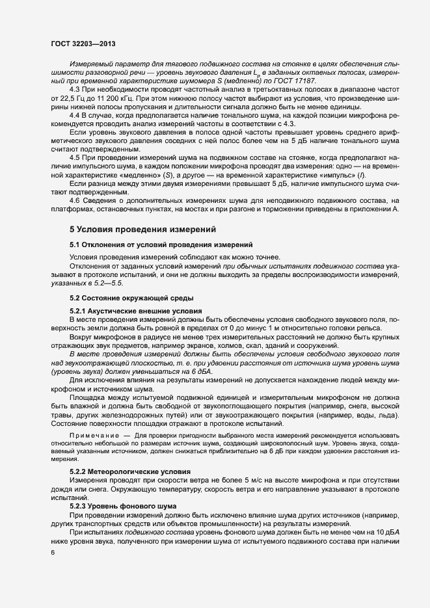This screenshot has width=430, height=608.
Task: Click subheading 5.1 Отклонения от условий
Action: point(161,245)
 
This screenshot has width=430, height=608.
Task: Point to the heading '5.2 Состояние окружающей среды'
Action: point(131,297)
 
